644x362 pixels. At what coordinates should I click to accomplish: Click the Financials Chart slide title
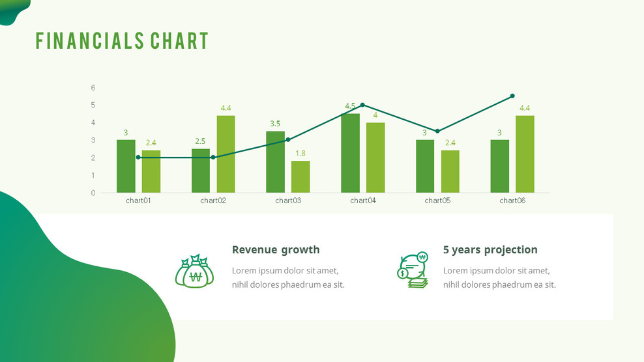pyautogui.click(x=122, y=40)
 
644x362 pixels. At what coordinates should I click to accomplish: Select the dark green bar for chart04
pyautogui.click(x=350, y=153)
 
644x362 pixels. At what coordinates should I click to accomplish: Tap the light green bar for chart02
pyautogui.click(x=226, y=154)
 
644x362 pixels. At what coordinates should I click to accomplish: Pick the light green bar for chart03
pyautogui.click(x=300, y=176)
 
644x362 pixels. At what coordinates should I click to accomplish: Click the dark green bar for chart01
pyautogui.click(x=126, y=166)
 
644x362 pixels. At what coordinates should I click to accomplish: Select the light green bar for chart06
pyautogui.click(x=525, y=154)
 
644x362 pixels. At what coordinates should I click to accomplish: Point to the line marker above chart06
pyautogui.click(x=512, y=96)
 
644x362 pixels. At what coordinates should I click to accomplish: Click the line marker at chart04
pyautogui.click(x=362, y=105)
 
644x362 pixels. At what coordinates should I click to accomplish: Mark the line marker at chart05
pyautogui.click(x=437, y=131)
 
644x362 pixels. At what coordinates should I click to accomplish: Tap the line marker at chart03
pyautogui.click(x=288, y=139)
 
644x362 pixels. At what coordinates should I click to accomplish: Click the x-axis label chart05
pyautogui.click(x=437, y=201)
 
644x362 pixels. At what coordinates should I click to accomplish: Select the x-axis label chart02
pyautogui.click(x=213, y=201)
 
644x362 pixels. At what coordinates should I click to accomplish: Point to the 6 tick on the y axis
pyautogui.click(x=93, y=87)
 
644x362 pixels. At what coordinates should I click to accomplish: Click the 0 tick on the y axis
pyautogui.click(x=93, y=193)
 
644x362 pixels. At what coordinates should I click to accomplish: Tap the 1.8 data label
pyautogui.click(x=300, y=153)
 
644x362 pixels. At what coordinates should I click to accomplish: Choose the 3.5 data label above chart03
pyautogui.click(x=275, y=124)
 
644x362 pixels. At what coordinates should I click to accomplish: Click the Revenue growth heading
pyautogui.click(x=276, y=249)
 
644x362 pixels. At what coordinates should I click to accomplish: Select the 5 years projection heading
pyautogui.click(x=490, y=249)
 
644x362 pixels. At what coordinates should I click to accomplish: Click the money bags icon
pyautogui.click(x=194, y=271)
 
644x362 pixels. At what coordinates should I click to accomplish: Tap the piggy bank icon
pyautogui.click(x=413, y=270)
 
